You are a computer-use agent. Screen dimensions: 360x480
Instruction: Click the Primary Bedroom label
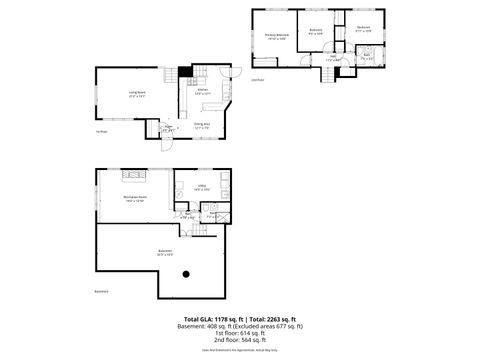276,37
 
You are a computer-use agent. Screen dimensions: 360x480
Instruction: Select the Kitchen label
202,91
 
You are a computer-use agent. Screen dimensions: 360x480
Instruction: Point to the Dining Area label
202,126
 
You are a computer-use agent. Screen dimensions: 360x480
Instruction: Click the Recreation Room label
134,199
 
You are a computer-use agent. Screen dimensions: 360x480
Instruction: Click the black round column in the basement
186,274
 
